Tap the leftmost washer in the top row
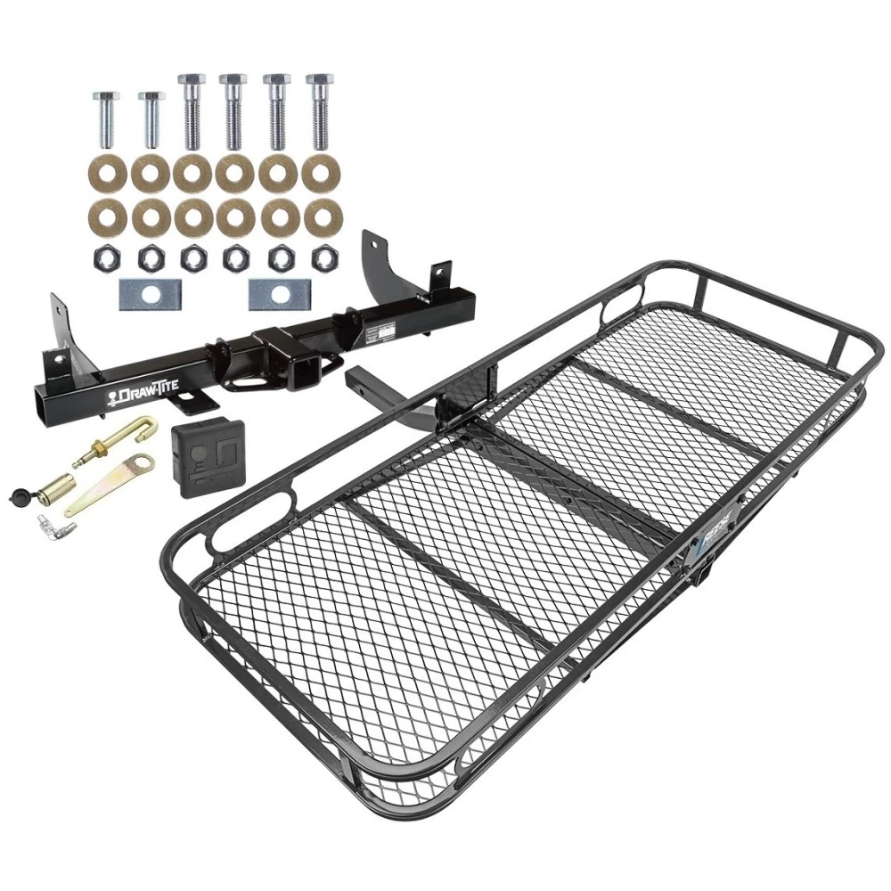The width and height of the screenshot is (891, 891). click(x=106, y=175)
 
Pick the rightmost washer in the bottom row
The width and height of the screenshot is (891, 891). click(x=319, y=216)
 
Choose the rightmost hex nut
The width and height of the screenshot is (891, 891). click(x=319, y=257)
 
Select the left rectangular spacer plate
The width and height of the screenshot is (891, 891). click(x=149, y=294)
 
